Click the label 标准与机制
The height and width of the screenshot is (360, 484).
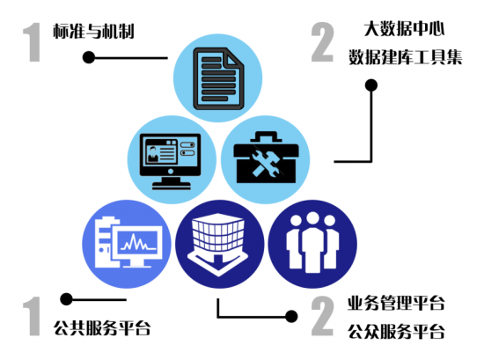93,31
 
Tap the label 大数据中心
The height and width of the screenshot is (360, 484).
405,29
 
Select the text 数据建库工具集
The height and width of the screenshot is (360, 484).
406,57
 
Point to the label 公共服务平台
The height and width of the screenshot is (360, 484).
102,327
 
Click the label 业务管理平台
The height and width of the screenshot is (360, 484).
396,303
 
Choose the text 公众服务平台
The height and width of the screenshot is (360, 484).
396,332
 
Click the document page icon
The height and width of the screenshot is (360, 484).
218,78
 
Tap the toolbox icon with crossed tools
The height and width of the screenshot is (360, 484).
266,158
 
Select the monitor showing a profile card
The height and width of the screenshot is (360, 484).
171,161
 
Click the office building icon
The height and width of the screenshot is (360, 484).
218,244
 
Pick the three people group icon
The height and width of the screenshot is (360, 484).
312,243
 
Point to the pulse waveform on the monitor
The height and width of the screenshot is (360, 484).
138,242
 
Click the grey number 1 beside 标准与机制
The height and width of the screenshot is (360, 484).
33,42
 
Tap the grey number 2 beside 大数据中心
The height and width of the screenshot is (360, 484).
323,42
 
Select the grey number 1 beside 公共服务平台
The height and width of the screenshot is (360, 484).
32,316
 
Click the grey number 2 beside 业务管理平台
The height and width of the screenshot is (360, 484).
323,316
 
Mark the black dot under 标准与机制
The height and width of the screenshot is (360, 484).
89,57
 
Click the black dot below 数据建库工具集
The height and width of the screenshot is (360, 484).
371,85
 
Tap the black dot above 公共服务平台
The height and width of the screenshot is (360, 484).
66,299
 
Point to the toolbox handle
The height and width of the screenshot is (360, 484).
266,136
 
